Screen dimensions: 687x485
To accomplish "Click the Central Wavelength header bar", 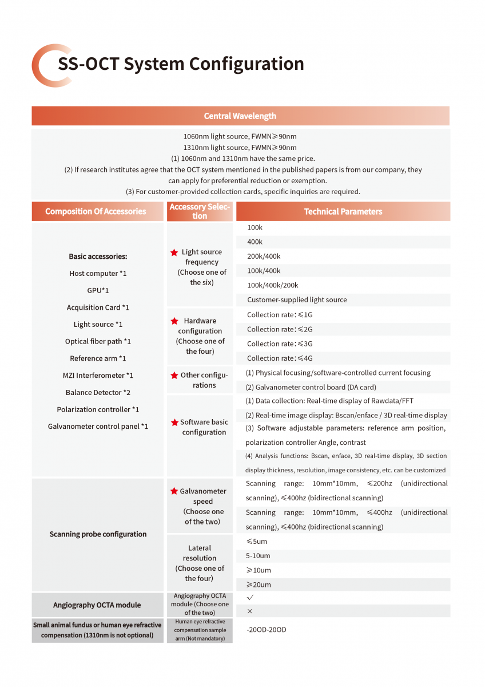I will coord(240,116).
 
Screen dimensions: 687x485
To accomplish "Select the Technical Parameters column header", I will coord(343,211).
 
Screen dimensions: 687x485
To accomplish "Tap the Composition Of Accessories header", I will coord(96,211).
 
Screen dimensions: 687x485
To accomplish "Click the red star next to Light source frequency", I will coord(174,252).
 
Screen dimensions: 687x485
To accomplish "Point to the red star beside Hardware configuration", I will coord(174,321).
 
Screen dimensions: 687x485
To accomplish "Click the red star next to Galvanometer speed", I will coord(174,491).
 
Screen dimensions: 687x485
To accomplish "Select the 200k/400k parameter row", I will coord(264,256).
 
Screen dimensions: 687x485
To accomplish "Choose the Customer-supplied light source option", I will coord(297,300).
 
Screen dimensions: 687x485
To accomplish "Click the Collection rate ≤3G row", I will coord(280,343).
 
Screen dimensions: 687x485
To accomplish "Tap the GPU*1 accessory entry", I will coord(98,290).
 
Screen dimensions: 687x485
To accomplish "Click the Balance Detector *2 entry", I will coord(98,392).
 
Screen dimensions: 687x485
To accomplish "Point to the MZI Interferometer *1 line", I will coord(98,376).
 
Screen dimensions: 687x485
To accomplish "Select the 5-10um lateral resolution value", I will coord(259,556).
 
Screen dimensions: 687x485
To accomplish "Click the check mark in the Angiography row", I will coord(250,597).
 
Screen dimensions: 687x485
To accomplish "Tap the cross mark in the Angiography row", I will coord(249,611).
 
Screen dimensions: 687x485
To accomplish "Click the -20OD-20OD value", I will coord(267,630).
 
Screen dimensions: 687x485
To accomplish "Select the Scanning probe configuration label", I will coord(98,534).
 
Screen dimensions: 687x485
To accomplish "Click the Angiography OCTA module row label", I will coord(97,605).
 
